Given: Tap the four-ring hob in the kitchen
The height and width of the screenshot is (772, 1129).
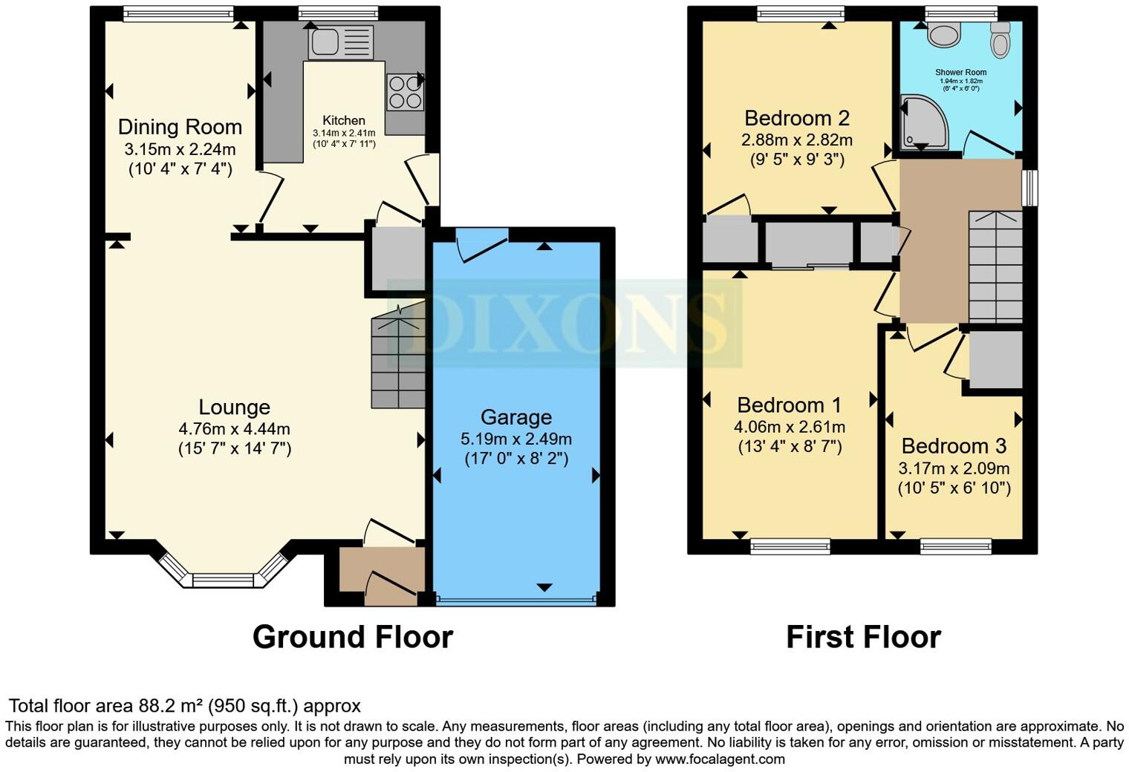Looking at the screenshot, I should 405,93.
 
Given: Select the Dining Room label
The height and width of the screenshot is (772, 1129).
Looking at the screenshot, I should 180,127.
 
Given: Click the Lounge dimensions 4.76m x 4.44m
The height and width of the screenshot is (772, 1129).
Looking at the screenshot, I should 234,428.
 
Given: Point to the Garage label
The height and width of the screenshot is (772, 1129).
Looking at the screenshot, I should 515,417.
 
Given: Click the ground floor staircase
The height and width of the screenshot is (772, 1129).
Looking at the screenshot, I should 399,361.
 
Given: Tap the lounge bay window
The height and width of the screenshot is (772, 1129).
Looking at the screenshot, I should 224,577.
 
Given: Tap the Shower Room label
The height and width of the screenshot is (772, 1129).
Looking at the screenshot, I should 961,73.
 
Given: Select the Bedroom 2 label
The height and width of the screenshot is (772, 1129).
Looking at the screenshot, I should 796,118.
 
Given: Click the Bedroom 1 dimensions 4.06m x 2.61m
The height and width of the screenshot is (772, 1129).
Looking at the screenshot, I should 789,427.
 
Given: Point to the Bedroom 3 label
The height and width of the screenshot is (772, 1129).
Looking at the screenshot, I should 953,446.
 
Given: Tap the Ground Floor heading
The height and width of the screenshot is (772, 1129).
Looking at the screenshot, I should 352,637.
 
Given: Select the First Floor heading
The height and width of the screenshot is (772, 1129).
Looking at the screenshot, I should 863,637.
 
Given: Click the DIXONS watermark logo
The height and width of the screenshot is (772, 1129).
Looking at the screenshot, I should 564,324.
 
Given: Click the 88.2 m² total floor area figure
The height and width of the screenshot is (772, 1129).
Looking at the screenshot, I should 171,706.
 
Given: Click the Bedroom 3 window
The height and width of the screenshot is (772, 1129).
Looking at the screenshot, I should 955,547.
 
